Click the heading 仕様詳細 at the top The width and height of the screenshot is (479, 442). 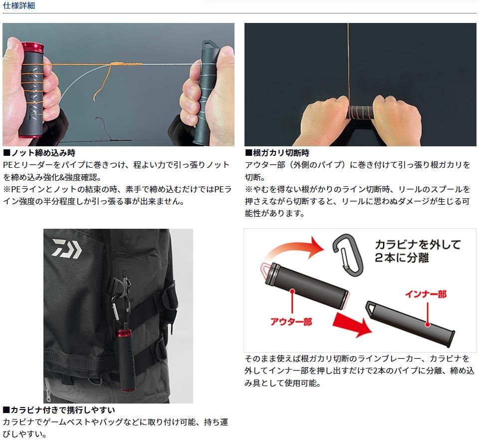pos(18,5)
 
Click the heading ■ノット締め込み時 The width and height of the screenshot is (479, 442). pos(39,152)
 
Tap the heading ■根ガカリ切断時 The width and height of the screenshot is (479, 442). pos(277,152)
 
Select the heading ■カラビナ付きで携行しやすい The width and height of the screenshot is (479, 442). pos(59,410)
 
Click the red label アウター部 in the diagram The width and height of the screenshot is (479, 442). pos(291,322)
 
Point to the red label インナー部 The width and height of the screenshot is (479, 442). pos(426,294)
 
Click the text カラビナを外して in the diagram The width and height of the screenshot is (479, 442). pos(418,244)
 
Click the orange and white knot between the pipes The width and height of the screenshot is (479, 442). pos(126,64)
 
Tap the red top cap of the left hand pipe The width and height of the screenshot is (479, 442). pos(32,47)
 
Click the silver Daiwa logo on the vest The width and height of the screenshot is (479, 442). pos(66,248)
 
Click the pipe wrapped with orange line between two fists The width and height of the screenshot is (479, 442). pos(361,113)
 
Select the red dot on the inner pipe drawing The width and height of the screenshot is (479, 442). pos(428,324)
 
